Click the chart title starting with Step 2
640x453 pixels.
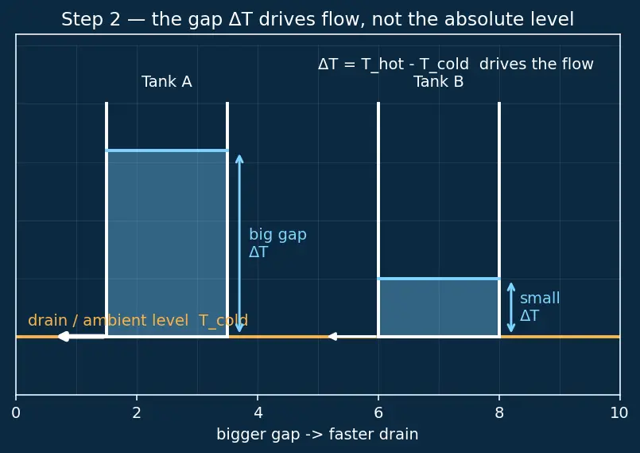coord(317,19)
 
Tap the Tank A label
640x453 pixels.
coord(166,82)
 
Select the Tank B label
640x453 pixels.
coord(438,82)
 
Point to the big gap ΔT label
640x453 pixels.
coord(277,244)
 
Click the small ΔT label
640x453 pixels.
coord(540,307)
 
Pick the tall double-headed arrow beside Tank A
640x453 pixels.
coord(239,244)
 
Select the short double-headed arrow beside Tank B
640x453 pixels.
coord(511,307)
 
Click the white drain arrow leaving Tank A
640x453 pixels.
coord(82,337)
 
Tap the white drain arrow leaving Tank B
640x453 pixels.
coord(353,337)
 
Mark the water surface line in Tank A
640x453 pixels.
coord(167,150)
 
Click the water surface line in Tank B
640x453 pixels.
coord(439,279)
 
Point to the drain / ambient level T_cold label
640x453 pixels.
coord(138,321)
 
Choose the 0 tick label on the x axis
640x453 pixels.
coord(16,413)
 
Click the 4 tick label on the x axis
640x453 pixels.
coord(258,413)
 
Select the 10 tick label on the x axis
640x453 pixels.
coord(619,413)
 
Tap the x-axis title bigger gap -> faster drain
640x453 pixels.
coord(317,434)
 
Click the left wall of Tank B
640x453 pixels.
coord(378,220)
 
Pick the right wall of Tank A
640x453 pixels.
coord(227,220)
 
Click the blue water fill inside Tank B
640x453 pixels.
coord(439,308)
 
